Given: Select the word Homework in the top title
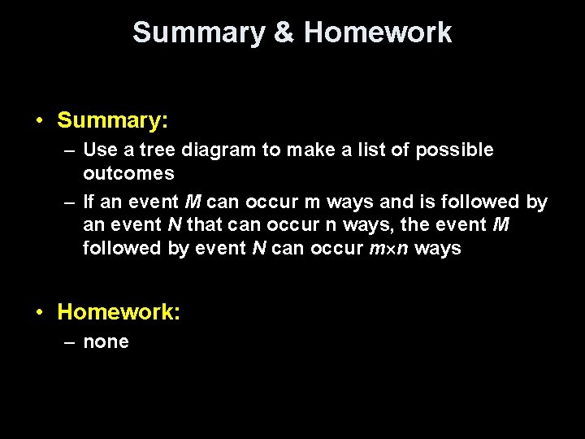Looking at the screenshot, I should pyautogui.click(x=378, y=33).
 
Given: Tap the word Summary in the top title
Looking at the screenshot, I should pyautogui.click(x=198, y=33).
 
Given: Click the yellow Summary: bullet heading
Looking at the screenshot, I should pyautogui.click(x=113, y=121).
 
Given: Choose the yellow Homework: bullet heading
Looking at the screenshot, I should pyautogui.click(x=119, y=312).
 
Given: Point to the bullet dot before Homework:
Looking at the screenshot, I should pyautogui.click(x=40, y=312).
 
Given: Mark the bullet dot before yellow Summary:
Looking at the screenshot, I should pyautogui.click(x=40, y=121).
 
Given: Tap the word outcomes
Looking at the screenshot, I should pyautogui.click(x=128, y=173).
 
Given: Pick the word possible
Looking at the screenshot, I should pyautogui.click(x=457, y=150).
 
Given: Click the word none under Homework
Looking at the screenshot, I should pyautogui.click(x=106, y=342).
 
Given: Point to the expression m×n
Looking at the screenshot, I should pyautogui.click(x=388, y=249).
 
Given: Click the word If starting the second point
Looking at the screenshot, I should pyautogui.click(x=89, y=202).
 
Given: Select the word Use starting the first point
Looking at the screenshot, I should pyautogui.click(x=101, y=150).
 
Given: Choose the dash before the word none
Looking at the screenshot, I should pyautogui.click(x=69, y=342).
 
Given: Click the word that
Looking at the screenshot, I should pyautogui.click(x=204, y=225).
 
